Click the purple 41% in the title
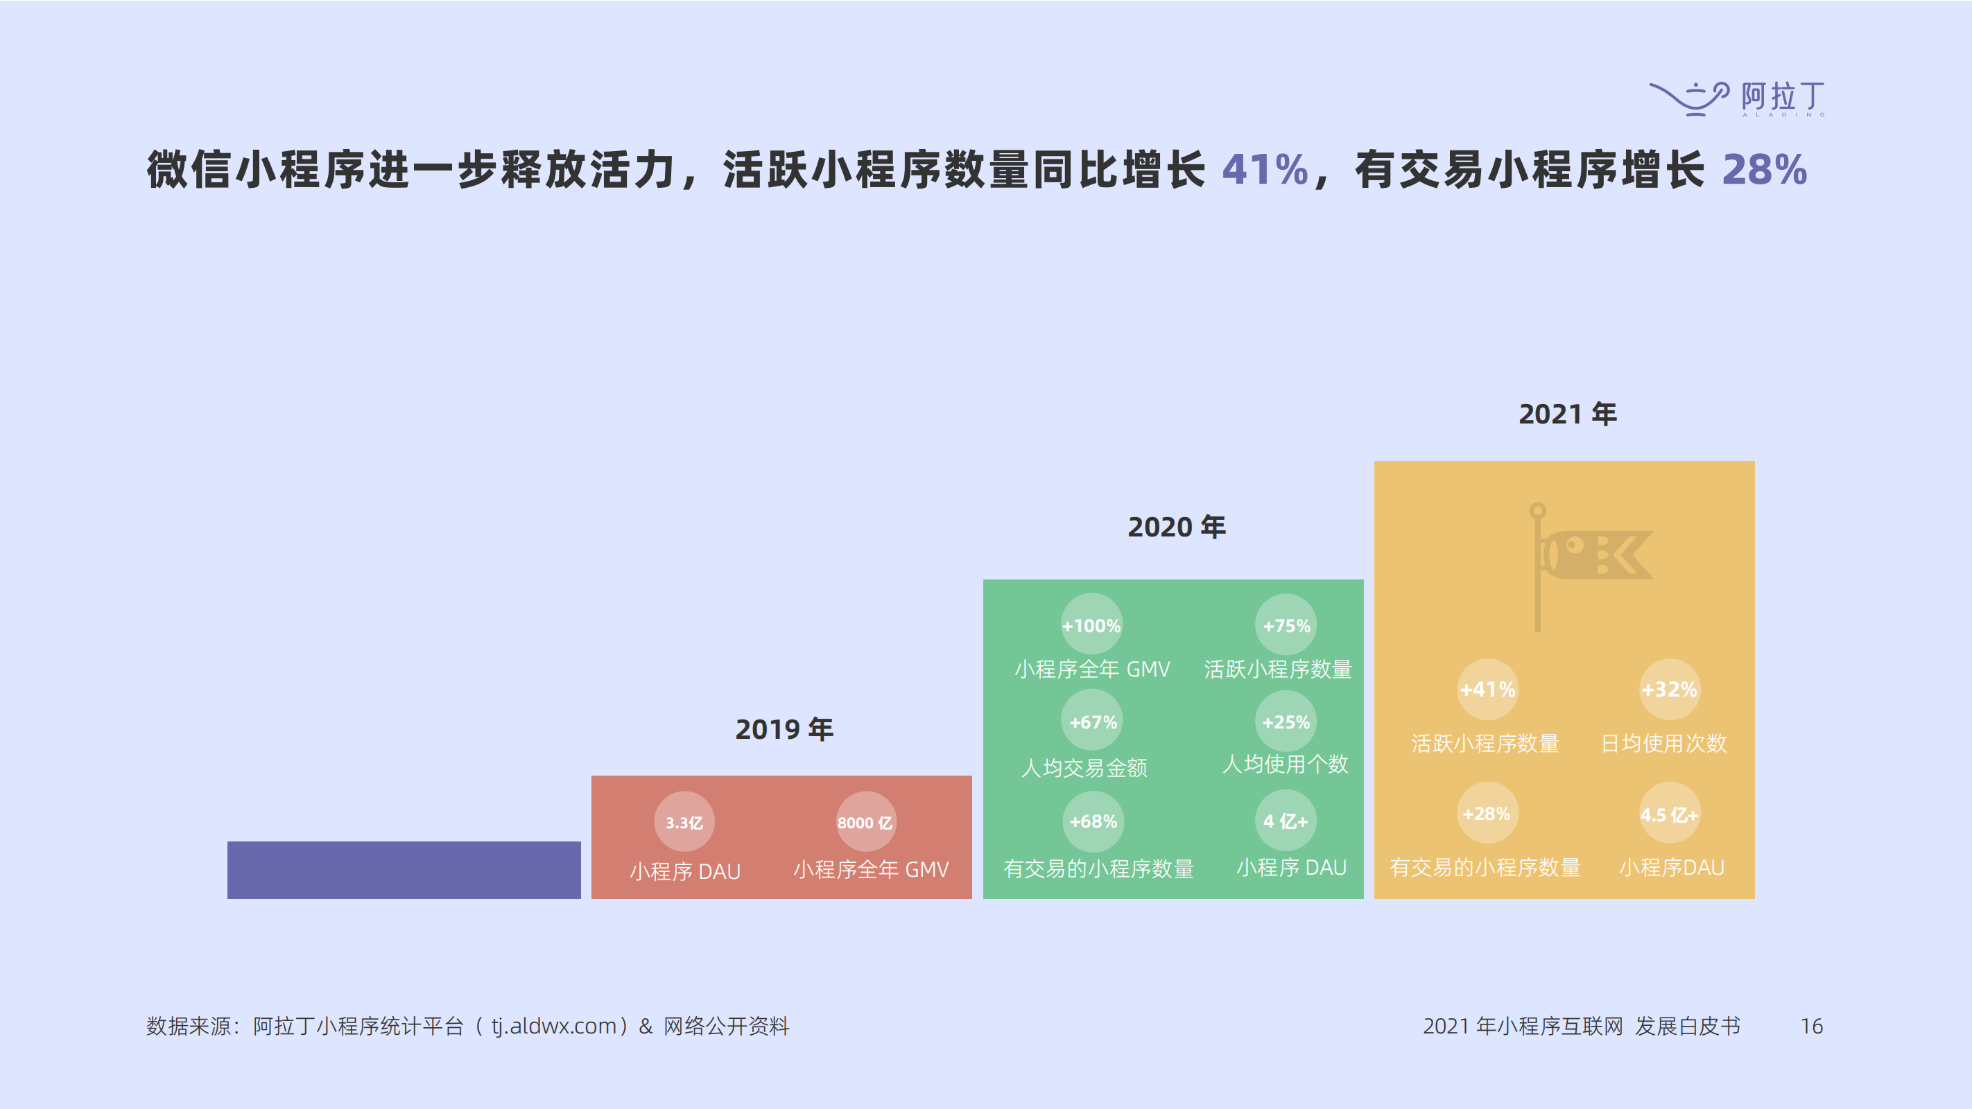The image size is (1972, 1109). (1265, 169)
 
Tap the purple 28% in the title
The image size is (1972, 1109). (1764, 169)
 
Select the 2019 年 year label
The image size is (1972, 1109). (784, 729)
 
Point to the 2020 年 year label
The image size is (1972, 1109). (1176, 527)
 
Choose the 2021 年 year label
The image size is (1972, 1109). (1567, 414)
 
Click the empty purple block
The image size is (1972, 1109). (404, 869)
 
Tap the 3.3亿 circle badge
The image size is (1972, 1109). (684, 822)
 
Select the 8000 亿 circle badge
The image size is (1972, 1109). (865, 822)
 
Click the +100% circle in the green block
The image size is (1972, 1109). (1091, 625)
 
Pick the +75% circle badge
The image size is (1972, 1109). (1286, 625)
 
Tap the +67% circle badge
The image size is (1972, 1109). (1092, 722)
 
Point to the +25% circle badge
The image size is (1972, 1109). (1286, 722)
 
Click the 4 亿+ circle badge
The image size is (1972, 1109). (1286, 821)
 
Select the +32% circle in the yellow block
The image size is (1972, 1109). (1669, 690)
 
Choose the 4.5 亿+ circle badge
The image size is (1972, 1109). (1669, 814)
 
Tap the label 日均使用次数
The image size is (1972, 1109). (1663, 743)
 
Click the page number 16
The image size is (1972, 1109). (1811, 1027)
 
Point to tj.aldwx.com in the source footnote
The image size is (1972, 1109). (553, 1027)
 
